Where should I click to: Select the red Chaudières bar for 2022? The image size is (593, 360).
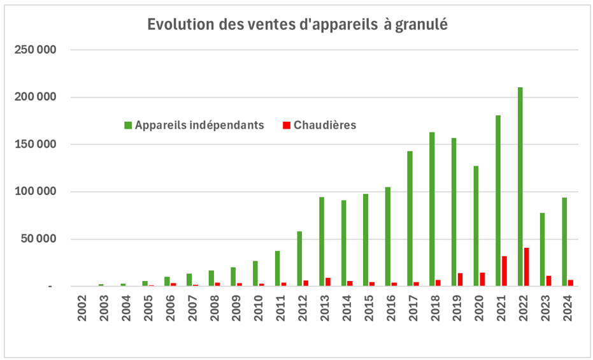[x=527, y=267]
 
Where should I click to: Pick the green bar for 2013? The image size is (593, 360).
[x=322, y=241]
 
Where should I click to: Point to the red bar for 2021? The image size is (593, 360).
[x=504, y=271]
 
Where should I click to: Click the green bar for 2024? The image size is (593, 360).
[x=564, y=241]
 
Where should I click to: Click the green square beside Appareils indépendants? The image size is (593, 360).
[x=128, y=126]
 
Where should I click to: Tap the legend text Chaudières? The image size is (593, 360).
[x=325, y=125]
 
